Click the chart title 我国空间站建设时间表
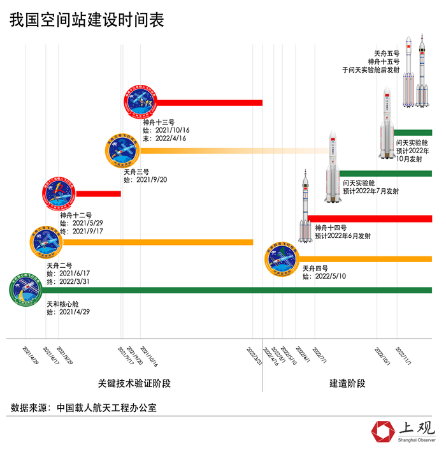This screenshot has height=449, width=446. tap(87, 20)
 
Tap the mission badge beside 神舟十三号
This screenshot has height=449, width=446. tap(139, 102)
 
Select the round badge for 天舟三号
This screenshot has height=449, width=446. tap(122, 151)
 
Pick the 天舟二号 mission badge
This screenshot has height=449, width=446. tap(46, 241)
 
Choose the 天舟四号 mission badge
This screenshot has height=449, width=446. tap(283, 259)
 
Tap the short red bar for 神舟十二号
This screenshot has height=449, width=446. tap(98, 194)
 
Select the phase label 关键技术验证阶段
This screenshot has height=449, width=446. tap(134, 383)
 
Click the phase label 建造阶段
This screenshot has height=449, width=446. tap(347, 383)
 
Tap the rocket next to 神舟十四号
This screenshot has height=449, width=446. tap(306, 207)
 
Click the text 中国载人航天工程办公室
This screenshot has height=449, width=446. tap(106, 406)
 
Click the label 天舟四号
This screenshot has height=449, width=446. tap(315, 268)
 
